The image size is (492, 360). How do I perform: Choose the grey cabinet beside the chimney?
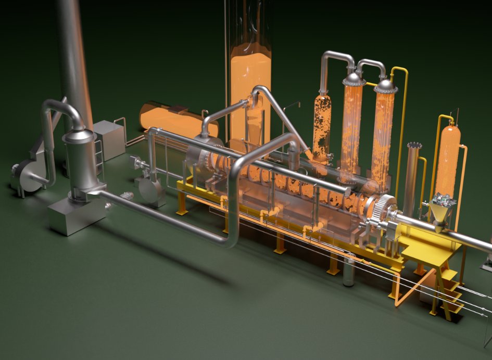point(109,139)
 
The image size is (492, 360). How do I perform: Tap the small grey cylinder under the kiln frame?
point(349,271)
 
